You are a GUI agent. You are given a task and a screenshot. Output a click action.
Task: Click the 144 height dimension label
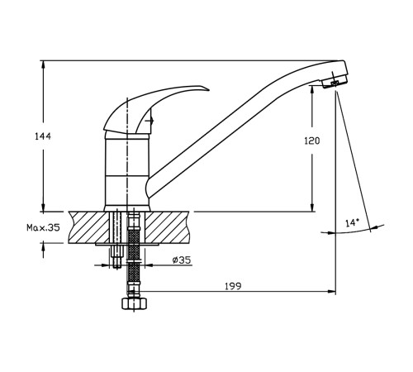click(43, 136)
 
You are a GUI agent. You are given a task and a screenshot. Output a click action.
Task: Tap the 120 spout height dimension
click(312, 141)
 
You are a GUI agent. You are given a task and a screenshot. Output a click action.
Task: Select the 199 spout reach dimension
click(233, 286)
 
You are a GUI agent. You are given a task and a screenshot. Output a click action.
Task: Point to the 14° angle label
click(353, 222)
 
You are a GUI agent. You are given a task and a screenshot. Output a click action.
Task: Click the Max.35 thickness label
click(43, 227)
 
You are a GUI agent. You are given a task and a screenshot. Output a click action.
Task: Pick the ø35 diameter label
click(182, 260)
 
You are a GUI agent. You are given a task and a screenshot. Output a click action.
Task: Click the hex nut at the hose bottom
click(134, 303)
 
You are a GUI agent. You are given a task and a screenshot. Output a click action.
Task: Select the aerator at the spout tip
click(335, 82)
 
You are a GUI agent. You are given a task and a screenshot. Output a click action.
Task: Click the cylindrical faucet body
click(127, 172)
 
